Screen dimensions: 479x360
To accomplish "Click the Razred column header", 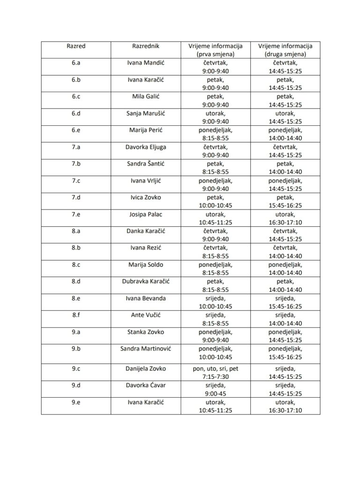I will [x=76, y=46].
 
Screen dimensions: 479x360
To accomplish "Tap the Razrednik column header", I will [x=146, y=46].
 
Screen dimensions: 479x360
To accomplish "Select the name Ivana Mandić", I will [x=146, y=63].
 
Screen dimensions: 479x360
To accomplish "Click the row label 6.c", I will [x=76, y=96].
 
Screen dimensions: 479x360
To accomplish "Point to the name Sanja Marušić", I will [x=146, y=113].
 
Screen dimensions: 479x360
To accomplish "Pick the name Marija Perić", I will [x=146, y=130].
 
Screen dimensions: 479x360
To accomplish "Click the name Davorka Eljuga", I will [x=146, y=147].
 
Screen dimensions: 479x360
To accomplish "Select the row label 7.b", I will [x=76, y=164].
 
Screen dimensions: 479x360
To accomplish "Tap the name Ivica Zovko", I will [x=146, y=197].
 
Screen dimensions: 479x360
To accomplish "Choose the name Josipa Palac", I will [x=146, y=214].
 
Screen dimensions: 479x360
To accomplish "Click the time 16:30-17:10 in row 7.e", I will [x=285, y=222].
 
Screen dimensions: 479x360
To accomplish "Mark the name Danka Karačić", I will [x=146, y=231].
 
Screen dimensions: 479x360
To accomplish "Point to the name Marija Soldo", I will [x=146, y=265].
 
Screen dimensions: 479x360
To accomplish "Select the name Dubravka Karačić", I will [x=146, y=282].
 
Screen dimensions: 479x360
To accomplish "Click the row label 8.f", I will [x=76, y=315].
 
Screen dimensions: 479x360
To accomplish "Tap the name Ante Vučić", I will [x=146, y=315].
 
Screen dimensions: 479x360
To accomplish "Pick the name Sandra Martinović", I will [x=146, y=349].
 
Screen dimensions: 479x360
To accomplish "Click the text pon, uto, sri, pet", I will [x=215, y=369].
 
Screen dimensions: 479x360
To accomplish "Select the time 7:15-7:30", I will [x=215, y=377].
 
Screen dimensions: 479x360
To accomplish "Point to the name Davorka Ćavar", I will [x=146, y=385].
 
